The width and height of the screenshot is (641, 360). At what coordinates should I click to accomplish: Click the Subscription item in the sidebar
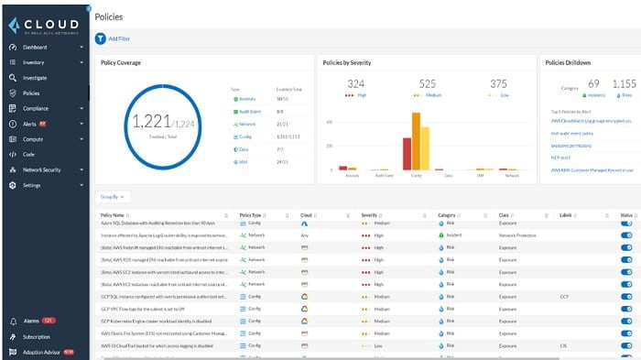pos(36,336)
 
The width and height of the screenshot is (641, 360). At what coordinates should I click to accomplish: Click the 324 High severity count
pos(356,84)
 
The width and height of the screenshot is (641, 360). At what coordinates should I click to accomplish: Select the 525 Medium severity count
pos(427,84)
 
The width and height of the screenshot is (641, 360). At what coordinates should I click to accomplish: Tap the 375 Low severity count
pos(498,84)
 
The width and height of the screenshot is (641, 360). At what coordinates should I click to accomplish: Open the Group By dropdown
pos(114,197)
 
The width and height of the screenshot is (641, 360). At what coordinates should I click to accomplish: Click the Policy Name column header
pos(113,214)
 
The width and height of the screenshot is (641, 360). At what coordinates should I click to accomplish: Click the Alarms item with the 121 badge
pos(33,321)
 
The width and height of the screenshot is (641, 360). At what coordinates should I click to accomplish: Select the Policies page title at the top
pos(110,16)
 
